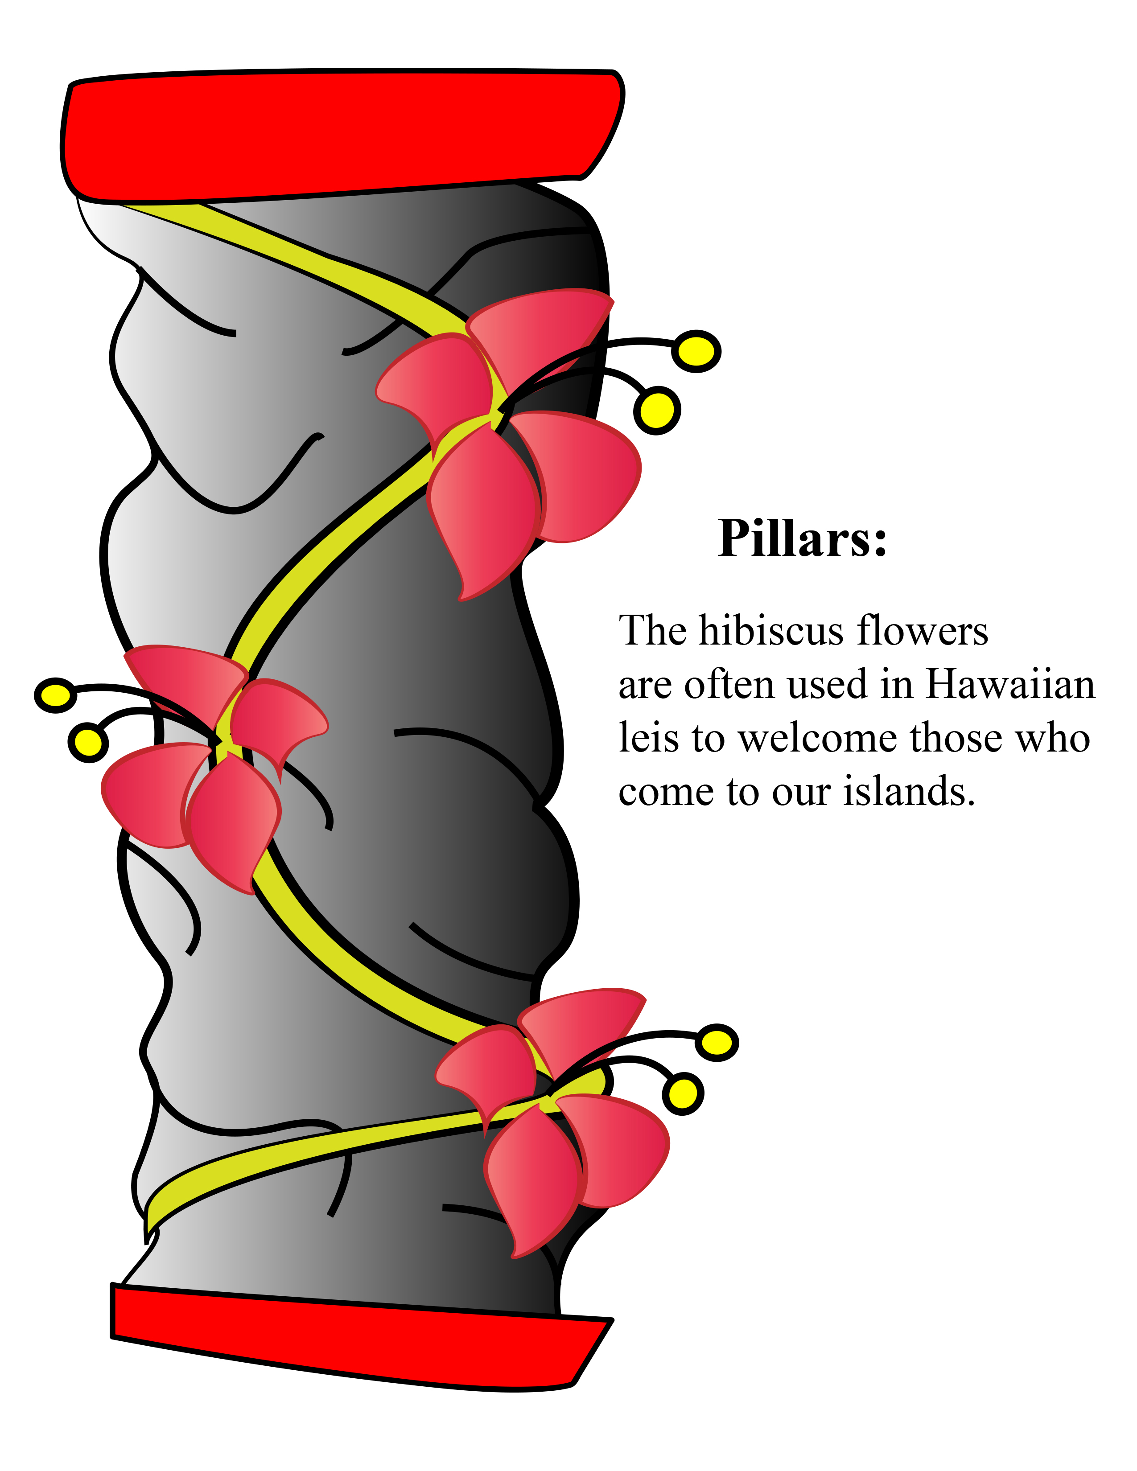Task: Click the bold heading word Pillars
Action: [802, 539]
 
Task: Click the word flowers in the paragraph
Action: [923, 631]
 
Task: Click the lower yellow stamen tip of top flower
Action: [657, 410]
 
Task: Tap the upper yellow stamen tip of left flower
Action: [55, 695]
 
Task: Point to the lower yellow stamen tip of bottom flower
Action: [683, 1093]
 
